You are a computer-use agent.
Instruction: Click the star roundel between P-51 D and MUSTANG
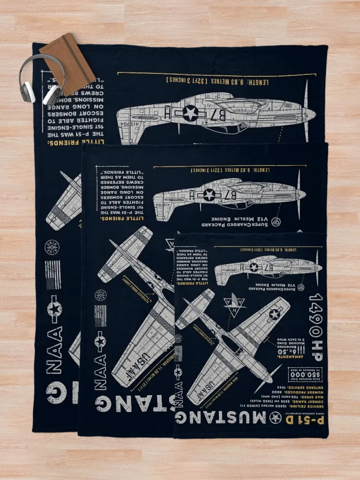pos(276,418)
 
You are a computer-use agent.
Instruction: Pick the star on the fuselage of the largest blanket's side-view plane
pos(190,113)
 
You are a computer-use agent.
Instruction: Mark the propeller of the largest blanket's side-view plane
pos(306,111)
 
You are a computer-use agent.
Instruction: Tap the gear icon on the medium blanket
pos(276,222)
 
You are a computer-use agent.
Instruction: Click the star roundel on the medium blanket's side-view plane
pos(209,194)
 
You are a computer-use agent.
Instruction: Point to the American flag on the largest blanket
pos(53,275)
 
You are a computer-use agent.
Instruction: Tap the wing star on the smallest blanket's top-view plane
pos(274,314)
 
